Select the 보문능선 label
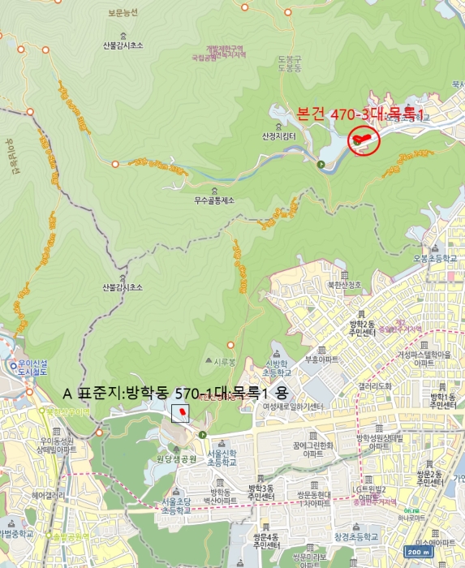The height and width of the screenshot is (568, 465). click(123, 13)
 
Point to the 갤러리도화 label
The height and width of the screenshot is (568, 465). click(374, 385)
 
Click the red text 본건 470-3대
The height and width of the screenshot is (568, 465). click(361, 115)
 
